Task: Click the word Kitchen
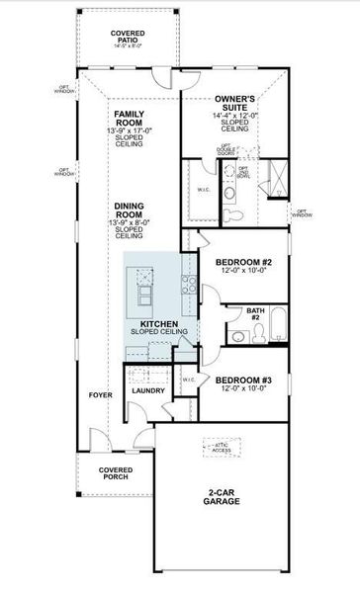[158, 324]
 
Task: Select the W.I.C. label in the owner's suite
[203, 191]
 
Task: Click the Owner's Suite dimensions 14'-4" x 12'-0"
[235, 117]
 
